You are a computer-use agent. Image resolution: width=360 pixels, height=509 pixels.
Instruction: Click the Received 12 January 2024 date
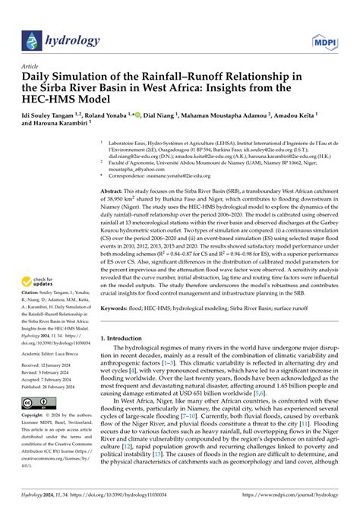(52, 388)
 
